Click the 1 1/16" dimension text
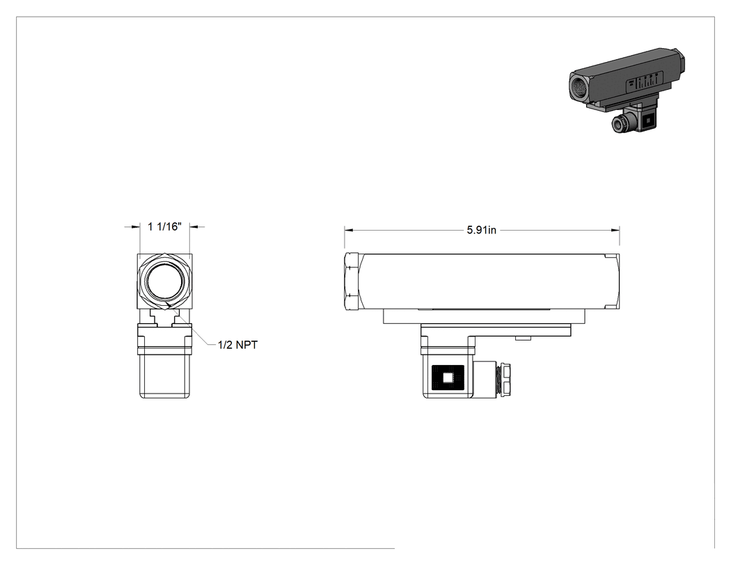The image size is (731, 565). [164, 226]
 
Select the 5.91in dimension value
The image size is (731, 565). [482, 230]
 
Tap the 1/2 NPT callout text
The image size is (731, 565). [238, 345]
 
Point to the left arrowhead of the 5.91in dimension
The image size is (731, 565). [349, 230]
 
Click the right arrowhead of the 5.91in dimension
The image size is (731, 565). [615, 230]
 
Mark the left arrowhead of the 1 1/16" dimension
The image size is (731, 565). [136, 226]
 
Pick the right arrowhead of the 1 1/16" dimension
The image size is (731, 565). [194, 226]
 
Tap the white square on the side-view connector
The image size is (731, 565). [448, 378]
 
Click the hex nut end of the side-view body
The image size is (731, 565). [352, 281]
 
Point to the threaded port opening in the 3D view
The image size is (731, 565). [579, 87]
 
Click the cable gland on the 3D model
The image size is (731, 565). [619, 123]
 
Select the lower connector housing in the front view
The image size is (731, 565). [164, 361]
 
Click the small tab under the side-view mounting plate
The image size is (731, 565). [524, 339]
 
